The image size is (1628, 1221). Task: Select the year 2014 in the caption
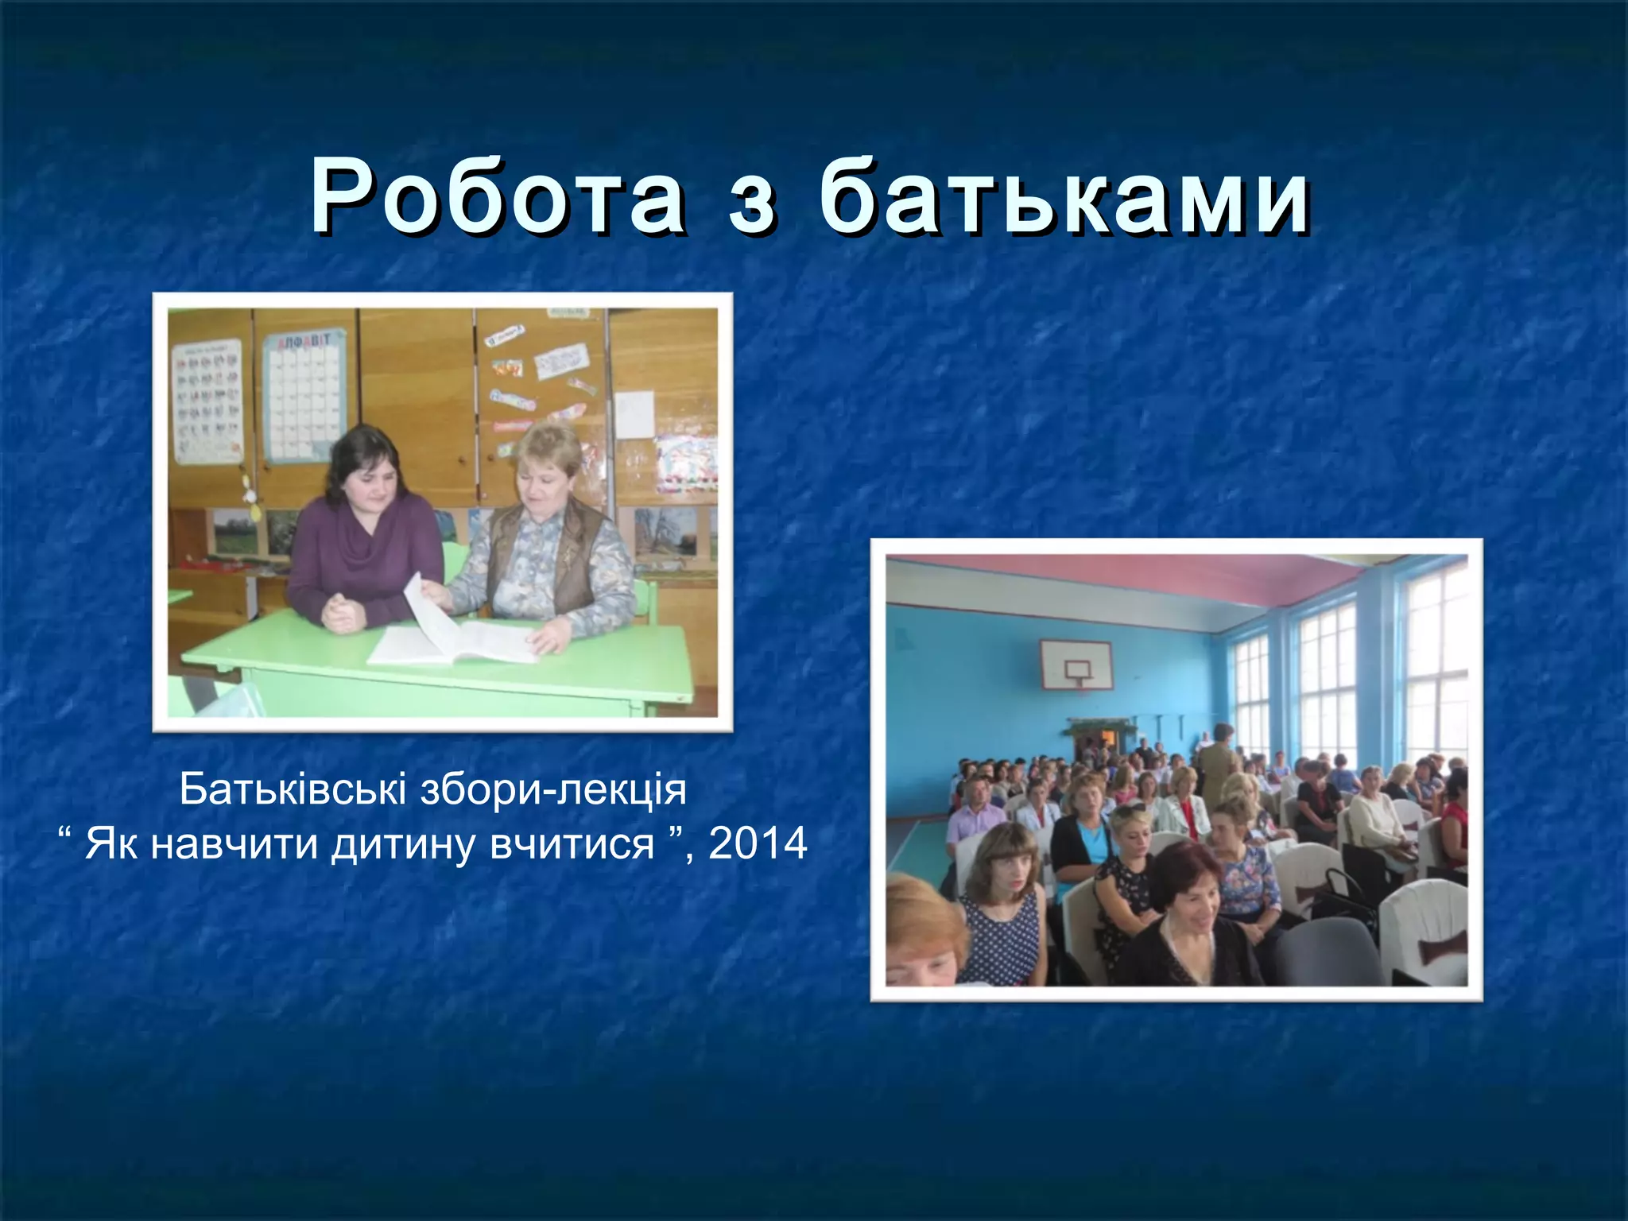pyautogui.click(x=758, y=843)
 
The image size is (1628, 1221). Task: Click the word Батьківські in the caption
pyautogui.click(x=293, y=789)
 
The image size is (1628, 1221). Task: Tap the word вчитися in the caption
pyautogui.click(x=572, y=844)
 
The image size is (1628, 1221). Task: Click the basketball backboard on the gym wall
pyautogui.click(x=1076, y=665)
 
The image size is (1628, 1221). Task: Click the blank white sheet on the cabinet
pyautogui.click(x=634, y=413)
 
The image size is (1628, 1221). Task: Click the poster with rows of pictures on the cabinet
pyautogui.click(x=208, y=401)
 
